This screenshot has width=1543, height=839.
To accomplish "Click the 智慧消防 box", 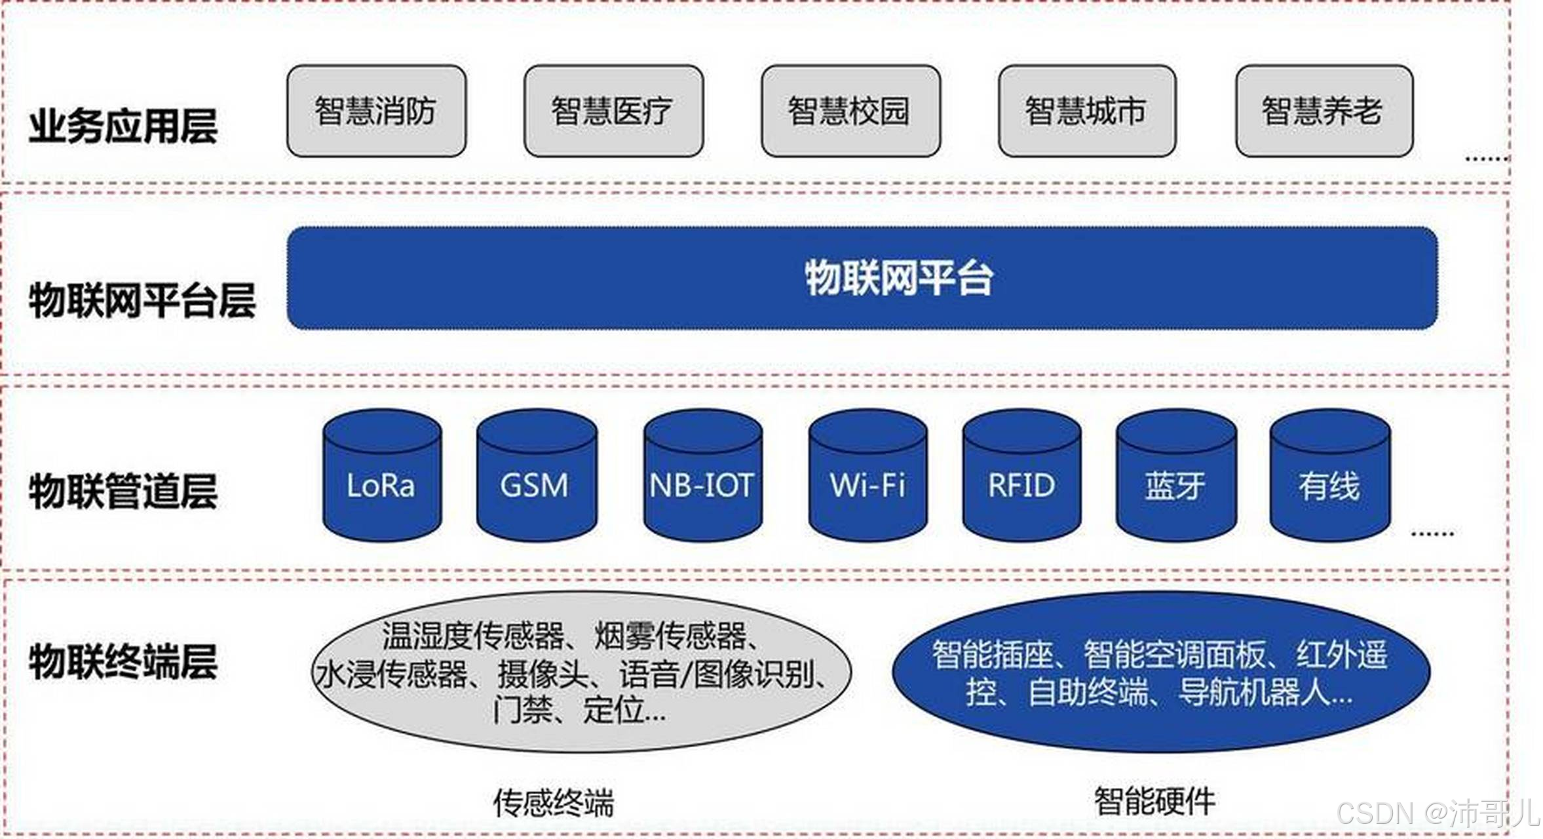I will (x=376, y=111).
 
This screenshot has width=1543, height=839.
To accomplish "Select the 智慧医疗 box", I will (x=613, y=111).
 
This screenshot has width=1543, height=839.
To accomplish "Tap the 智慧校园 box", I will (x=850, y=111).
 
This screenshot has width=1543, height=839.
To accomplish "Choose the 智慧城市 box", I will (x=1087, y=111).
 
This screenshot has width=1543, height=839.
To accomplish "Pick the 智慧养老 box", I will (x=1324, y=111).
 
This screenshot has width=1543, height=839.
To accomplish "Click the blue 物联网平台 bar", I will (x=862, y=278).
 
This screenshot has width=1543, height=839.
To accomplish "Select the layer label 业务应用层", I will (x=123, y=126).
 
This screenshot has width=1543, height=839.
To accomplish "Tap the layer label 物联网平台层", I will (x=142, y=300).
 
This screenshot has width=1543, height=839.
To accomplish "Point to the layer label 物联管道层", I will (x=123, y=490).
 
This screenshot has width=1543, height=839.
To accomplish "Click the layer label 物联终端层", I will (x=123, y=661).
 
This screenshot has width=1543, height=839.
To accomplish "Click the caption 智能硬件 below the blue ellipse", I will (x=1154, y=800).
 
